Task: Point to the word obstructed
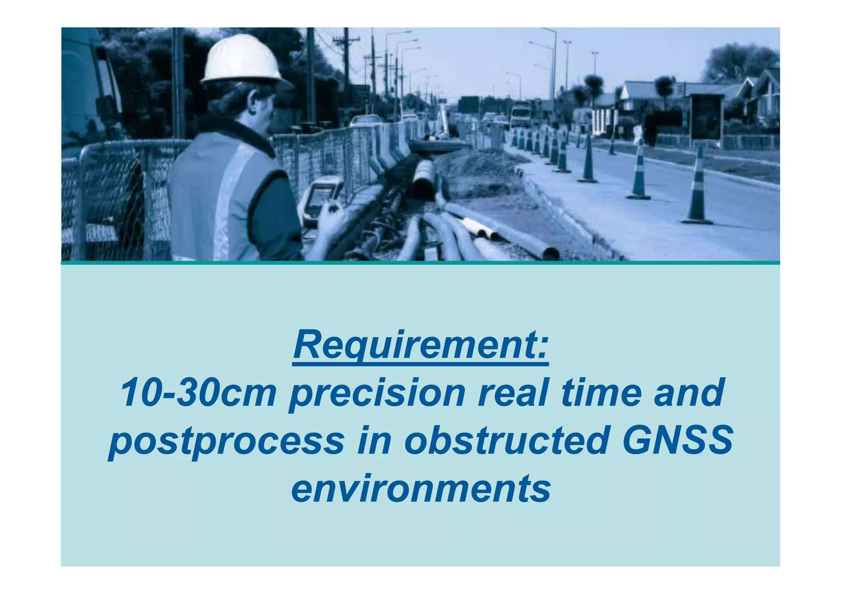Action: tap(506, 441)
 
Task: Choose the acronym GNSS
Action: tap(677, 440)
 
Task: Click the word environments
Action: tap(420, 489)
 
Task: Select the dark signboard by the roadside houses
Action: tap(706, 117)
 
